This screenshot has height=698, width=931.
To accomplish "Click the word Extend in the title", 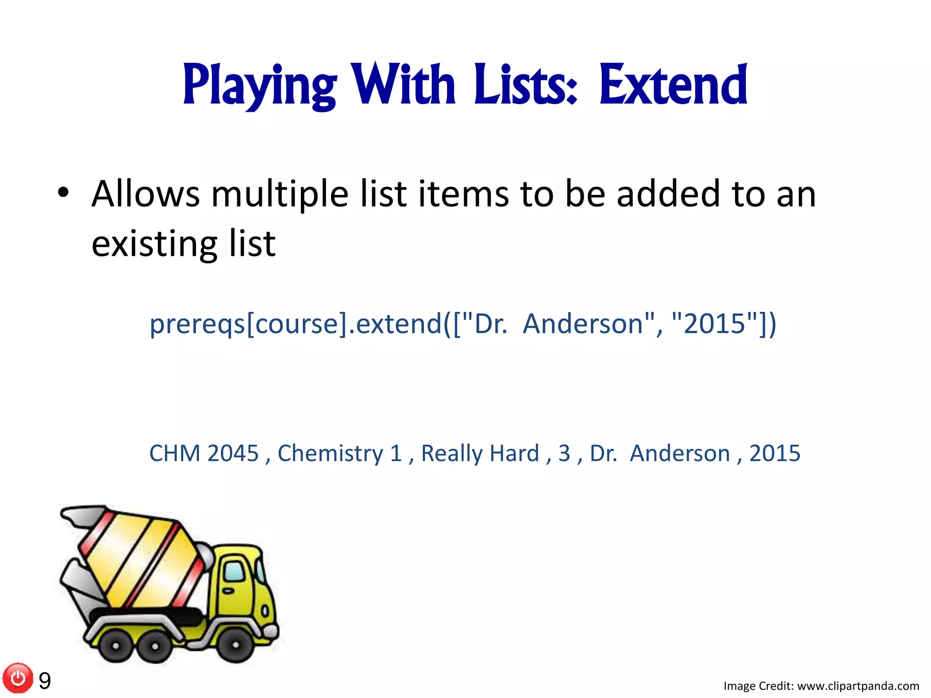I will [x=673, y=85].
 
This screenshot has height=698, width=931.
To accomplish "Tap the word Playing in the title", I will [x=260, y=86].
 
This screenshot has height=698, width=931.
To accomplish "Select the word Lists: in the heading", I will [x=526, y=85].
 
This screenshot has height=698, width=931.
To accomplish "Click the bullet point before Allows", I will [x=63, y=193].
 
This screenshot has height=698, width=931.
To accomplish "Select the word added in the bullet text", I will [x=668, y=194].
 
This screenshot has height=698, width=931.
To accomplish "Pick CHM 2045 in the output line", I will [x=204, y=453].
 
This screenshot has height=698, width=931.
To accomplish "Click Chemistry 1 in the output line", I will [x=340, y=453].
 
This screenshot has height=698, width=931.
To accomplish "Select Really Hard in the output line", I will [x=480, y=453].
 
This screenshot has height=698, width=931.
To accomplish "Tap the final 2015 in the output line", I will [x=775, y=453].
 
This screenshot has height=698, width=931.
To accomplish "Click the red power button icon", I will [x=18, y=678].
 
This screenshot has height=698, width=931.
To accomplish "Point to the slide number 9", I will [x=45, y=681].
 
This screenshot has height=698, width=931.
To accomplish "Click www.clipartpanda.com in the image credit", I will [x=858, y=686].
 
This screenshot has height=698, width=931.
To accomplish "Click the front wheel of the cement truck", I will [x=235, y=644].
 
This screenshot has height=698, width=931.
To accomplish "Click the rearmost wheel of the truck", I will [x=115, y=645].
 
